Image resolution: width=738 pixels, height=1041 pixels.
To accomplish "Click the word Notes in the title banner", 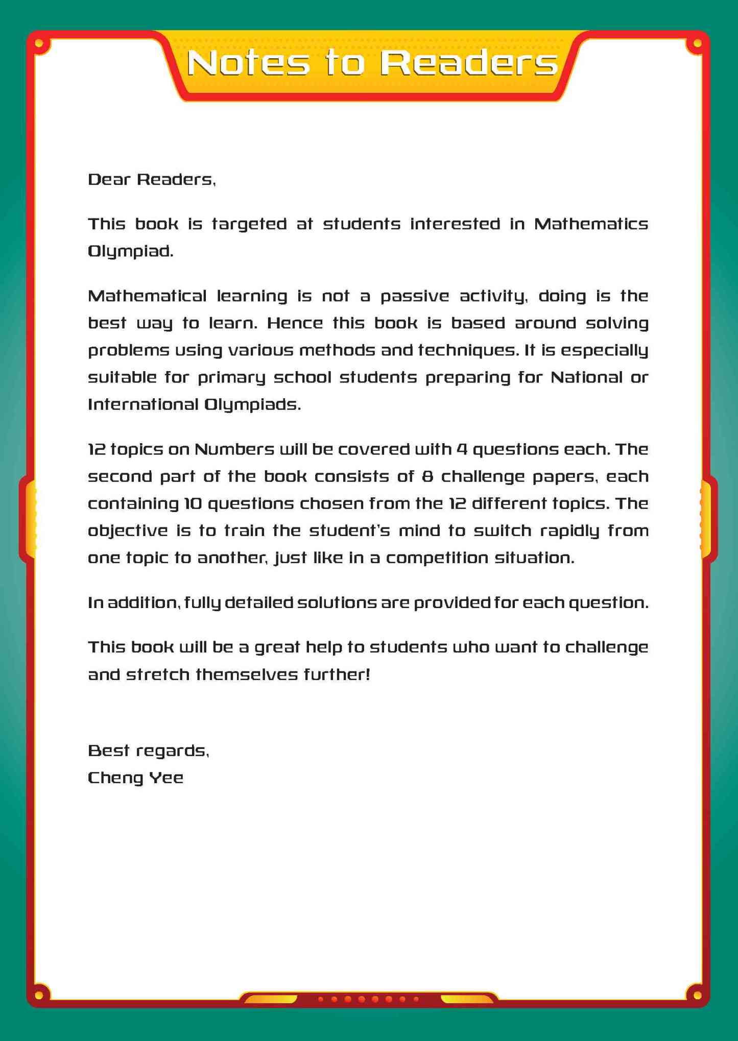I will pos(248,63).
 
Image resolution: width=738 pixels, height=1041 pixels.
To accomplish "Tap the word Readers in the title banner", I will pos(469,63).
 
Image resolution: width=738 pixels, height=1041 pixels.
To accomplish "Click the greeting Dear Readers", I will pos(152,180).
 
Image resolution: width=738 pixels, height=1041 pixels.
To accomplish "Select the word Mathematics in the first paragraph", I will pos(591,224).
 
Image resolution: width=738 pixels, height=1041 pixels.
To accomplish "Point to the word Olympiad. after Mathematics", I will pos(131,252).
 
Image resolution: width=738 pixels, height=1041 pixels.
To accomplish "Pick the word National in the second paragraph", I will pos(586,378).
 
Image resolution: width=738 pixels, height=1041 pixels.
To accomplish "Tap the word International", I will pos(144,405).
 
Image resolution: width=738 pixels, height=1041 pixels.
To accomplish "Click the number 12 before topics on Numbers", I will pos(97,450).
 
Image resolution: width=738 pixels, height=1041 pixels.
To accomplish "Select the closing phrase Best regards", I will pos(149,751).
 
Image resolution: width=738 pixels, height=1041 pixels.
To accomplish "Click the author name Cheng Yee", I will pos(135,778).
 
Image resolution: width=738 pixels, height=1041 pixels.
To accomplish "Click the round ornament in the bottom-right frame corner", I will pos(697,994).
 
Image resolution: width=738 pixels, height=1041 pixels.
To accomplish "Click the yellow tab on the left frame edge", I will pos(31,518).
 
